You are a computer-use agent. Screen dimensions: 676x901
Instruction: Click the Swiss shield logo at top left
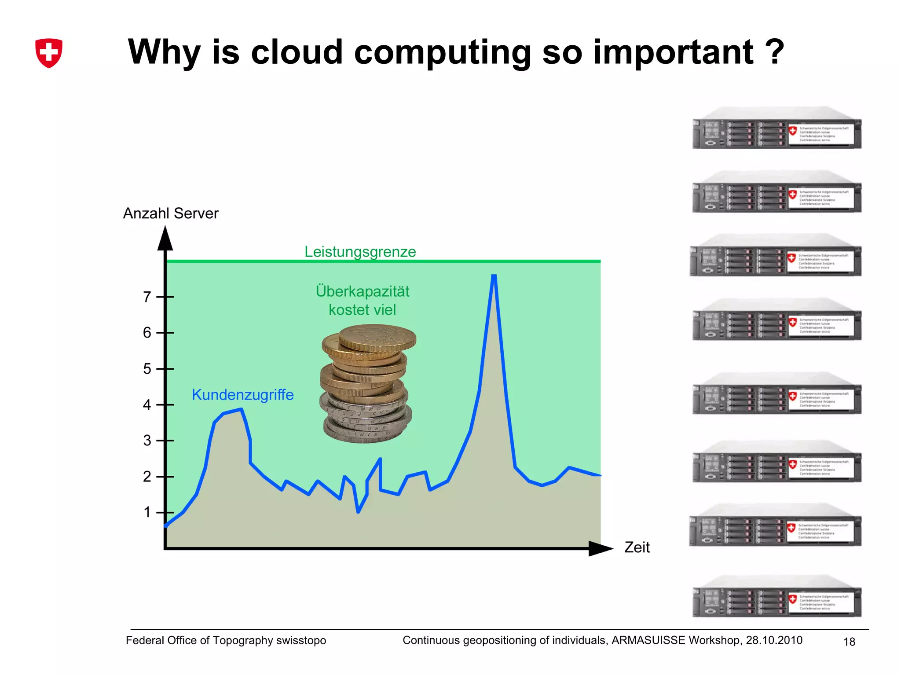click(48, 53)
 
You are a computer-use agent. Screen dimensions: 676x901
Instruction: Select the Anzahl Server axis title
click(171, 213)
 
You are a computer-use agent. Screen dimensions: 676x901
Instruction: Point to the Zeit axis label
click(637, 547)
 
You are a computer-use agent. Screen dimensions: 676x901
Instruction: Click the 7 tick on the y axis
click(147, 297)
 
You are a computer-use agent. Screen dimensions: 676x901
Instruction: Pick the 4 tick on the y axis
click(147, 405)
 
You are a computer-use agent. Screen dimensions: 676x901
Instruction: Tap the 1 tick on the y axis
click(147, 512)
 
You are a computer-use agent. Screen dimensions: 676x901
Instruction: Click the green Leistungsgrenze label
click(360, 252)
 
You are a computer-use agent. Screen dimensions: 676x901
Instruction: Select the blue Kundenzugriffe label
click(242, 395)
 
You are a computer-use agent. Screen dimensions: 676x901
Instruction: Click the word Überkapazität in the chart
click(363, 291)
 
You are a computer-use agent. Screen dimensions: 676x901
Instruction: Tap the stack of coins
click(367, 383)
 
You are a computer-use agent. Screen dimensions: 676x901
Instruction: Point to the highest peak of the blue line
click(494, 276)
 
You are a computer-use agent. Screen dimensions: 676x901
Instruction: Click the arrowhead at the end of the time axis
click(600, 548)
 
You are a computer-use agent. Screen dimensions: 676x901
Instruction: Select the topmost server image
click(776, 129)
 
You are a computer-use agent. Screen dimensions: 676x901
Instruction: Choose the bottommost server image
click(776, 597)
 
